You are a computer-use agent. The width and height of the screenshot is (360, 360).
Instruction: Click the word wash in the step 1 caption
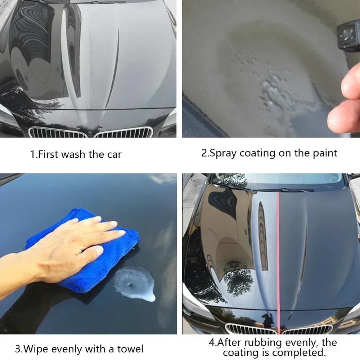[74, 155]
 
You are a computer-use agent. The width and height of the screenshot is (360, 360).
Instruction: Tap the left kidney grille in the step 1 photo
[58, 133]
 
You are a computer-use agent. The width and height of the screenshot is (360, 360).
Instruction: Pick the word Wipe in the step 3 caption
[37, 348]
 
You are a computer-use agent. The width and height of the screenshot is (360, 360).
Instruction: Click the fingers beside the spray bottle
[346, 101]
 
